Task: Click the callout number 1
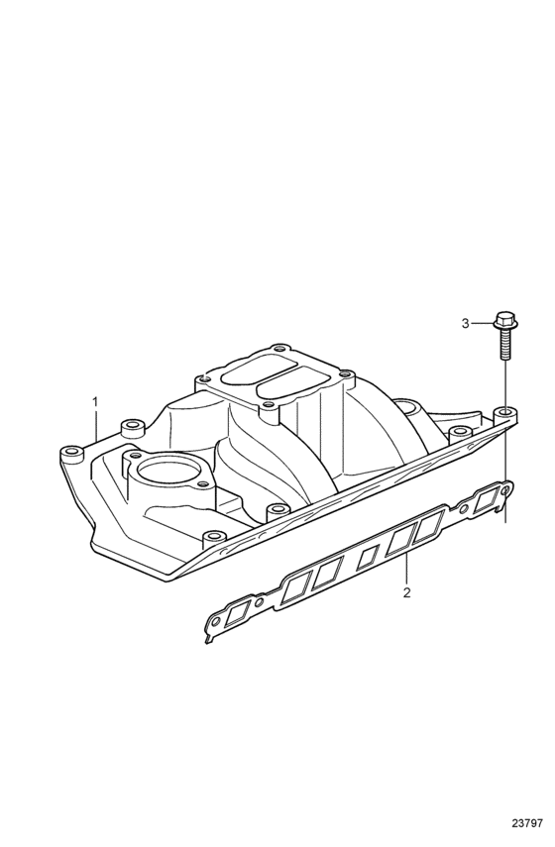click(x=95, y=402)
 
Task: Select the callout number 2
click(x=406, y=592)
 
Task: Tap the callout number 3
click(x=465, y=324)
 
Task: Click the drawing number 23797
click(x=527, y=824)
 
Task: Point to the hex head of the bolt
click(x=503, y=320)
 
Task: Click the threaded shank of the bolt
click(x=503, y=344)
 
